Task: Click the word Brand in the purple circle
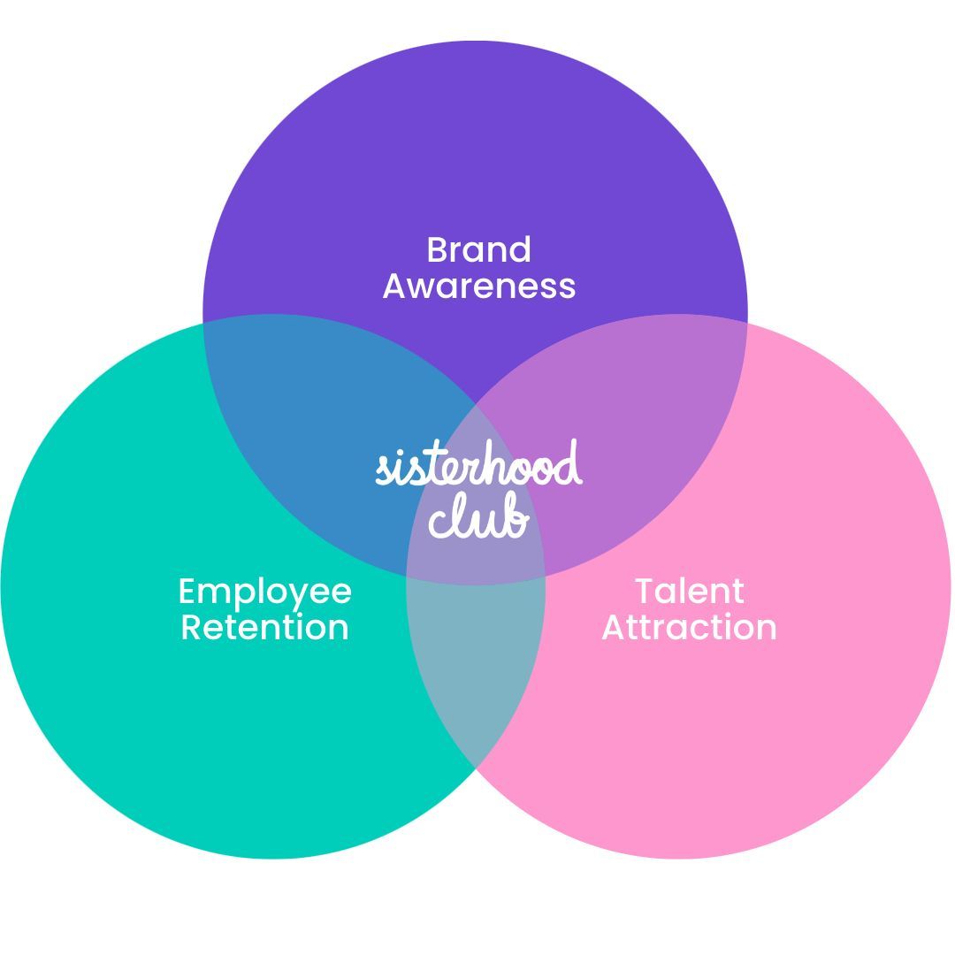(478, 250)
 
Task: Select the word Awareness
(478, 286)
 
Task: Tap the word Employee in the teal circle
(265, 592)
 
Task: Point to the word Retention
(265, 627)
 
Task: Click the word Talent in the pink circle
(690, 592)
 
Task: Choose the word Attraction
(690, 627)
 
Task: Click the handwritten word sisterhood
(478, 466)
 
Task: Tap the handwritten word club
(478, 516)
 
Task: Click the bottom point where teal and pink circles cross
(476, 769)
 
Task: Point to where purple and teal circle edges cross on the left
(204, 324)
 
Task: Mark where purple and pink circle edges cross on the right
(747, 324)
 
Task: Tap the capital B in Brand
(436, 250)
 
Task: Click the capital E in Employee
(186, 592)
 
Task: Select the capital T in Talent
(645, 592)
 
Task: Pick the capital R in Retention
(190, 627)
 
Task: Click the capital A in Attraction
(614, 627)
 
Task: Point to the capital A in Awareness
(394, 286)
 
